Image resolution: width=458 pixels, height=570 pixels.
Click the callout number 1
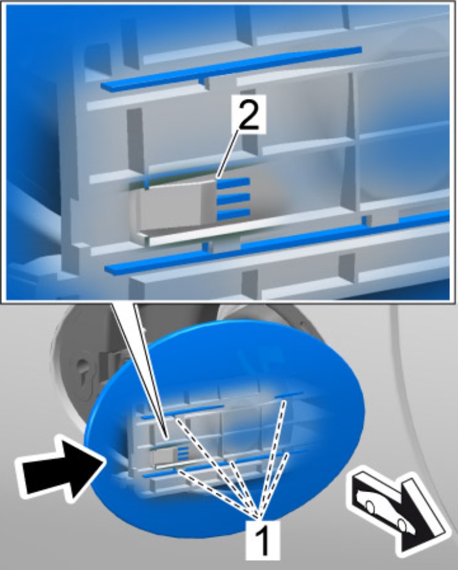[263, 540]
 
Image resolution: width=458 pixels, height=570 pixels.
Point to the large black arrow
[61, 466]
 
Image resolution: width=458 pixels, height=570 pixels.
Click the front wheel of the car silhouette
[370, 507]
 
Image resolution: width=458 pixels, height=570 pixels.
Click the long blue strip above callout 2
[231, 69]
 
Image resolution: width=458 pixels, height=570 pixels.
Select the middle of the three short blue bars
[233, 199]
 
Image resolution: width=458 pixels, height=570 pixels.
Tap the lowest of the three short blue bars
[233, 214]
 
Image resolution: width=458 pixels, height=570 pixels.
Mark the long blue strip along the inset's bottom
[276, 242]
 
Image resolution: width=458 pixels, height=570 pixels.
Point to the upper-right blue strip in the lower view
[289, 394]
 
